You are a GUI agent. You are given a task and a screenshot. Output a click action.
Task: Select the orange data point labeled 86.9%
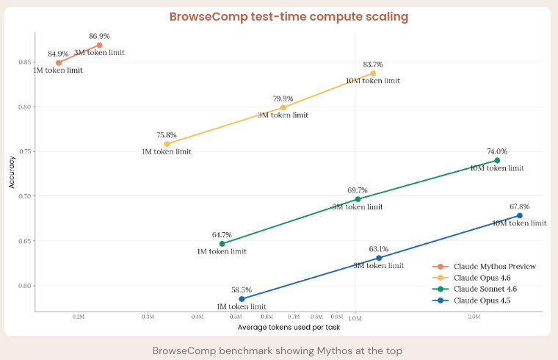100,45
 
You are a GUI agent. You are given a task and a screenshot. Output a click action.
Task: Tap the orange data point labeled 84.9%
58,62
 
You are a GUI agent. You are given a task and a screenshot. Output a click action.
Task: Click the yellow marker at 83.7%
373,73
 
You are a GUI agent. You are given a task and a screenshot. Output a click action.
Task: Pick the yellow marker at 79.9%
283,107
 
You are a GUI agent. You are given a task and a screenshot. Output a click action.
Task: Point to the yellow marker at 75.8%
167,144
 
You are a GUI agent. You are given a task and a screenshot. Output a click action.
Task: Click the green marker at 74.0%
497,160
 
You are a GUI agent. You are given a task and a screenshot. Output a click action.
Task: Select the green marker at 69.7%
358,199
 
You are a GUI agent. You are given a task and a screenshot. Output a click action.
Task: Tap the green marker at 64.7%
222,243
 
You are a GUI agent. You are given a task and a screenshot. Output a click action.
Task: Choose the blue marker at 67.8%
520,215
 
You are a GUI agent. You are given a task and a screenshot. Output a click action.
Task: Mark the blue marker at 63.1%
379,258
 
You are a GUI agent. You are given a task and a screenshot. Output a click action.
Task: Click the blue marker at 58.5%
242,299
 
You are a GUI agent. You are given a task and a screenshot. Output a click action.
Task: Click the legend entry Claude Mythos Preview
493,266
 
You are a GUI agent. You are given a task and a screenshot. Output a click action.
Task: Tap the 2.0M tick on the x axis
474,317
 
